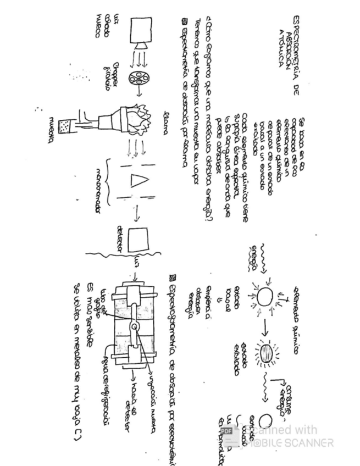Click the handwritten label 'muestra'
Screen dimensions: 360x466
[52, 131]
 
